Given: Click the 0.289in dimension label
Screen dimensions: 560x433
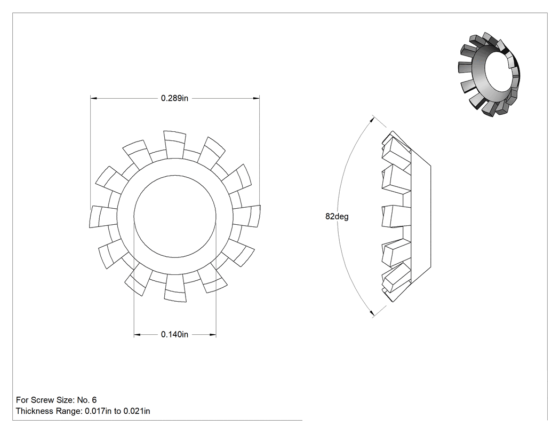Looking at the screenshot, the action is pos(174,98).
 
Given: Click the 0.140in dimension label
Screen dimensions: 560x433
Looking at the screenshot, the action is pos(174,334).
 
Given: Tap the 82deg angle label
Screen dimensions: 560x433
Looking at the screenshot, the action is pos(337,216).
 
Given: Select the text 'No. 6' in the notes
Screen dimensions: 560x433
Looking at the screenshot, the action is pos(87,400).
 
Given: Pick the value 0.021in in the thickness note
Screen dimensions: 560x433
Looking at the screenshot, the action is pos(137,411).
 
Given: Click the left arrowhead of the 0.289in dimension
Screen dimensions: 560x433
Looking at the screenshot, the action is pos(93,98).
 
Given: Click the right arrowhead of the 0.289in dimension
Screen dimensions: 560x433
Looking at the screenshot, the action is pos(256,98).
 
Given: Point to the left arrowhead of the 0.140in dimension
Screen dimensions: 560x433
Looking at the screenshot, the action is pos(137,335).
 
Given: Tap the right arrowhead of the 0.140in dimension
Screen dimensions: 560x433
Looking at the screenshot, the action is pos(213,335).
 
